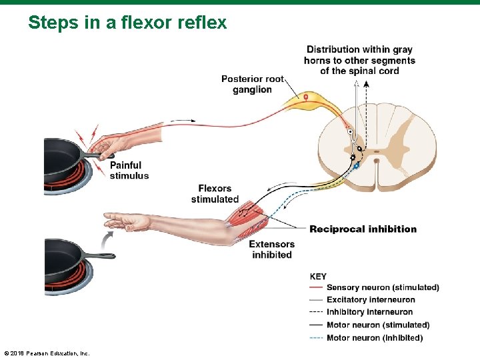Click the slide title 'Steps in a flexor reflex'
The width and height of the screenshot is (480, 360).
[127, 23]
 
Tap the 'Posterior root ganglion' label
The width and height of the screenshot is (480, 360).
[253, 84]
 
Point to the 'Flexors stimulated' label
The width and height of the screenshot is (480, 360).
[215, 194]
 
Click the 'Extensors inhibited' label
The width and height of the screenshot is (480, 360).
[271, 249]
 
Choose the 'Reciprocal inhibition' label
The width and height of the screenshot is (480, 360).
[363, 229]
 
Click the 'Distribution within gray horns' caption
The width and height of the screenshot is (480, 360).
[359, 60]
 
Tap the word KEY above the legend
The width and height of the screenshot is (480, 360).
[319, 277]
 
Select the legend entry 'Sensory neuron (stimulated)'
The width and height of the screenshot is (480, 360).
[383, 288]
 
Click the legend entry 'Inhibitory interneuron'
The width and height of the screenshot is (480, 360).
[369, 312]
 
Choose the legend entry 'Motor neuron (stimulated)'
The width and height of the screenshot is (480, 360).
[378, 325]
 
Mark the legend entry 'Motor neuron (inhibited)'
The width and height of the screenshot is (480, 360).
[375, 338]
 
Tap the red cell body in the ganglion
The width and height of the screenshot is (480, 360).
[306, 98]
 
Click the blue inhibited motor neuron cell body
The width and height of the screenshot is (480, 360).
[357, 165]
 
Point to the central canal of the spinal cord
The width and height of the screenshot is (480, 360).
[377, 160]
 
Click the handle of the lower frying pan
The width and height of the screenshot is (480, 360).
[100, 255]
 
